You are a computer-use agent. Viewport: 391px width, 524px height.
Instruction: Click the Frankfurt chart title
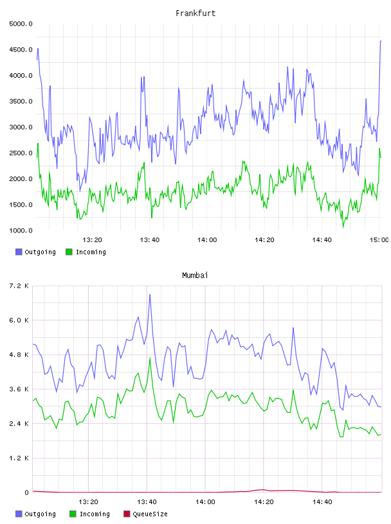click(195, 13)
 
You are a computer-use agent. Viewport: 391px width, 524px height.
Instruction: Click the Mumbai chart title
click(195, 275)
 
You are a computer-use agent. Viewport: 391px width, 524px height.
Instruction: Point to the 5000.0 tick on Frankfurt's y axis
click(21, 24)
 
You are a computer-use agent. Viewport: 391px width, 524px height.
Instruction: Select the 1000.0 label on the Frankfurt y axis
click(21, 231)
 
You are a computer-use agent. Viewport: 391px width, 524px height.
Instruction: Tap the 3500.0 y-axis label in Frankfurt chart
click(21, 101)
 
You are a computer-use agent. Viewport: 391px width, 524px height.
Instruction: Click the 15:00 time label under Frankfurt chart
click(379, 240)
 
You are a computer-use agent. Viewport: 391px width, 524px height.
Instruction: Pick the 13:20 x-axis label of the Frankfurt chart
click(92, 240)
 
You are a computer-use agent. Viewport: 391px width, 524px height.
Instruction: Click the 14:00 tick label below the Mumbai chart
click(205, 502)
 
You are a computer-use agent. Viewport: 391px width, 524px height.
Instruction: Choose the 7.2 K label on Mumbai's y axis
click(19, 286)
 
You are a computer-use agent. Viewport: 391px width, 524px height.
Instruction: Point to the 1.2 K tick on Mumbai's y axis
click(19, 458)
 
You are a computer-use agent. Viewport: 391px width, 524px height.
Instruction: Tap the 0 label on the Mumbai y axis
click(26, 493)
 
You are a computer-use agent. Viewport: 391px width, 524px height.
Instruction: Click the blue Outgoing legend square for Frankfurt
click(19, 252)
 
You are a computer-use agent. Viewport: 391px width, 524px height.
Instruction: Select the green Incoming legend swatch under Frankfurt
click(69, 252)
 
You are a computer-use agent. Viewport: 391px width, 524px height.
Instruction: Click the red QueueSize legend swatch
click(127, 514)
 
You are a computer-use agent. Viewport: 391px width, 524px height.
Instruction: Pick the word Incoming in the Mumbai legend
click(95, 514)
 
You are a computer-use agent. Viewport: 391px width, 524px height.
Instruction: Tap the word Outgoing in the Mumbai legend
click(40, 514)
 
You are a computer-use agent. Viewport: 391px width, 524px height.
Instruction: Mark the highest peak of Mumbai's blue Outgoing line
click(150, 294)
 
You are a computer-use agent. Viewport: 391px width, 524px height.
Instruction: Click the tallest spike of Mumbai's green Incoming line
click(150, 358)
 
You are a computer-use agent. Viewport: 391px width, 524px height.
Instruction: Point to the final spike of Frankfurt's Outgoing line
click(381, 40)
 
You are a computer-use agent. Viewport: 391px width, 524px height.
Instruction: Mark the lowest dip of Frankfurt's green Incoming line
click(343, 227)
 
